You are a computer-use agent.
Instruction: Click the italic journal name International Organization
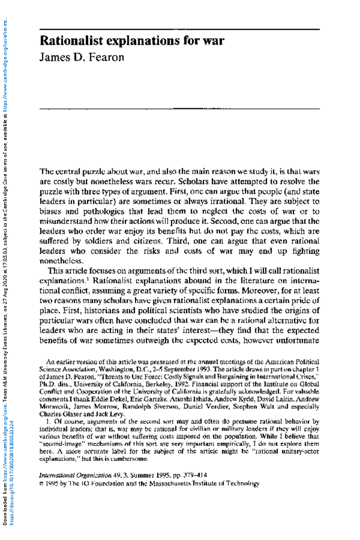click(x=75, y=475)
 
